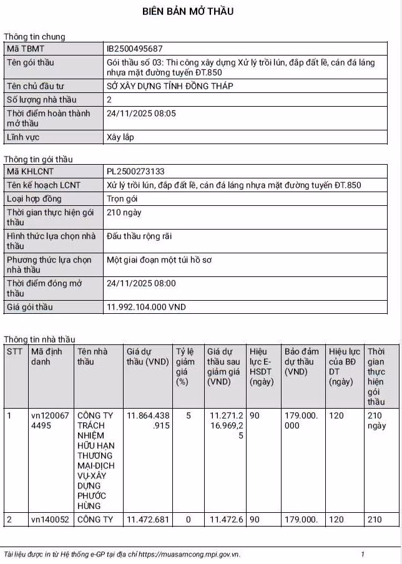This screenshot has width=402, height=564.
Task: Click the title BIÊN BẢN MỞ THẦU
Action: click(x=188, y=11)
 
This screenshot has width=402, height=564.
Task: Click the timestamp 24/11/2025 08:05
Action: click(x=141, y=114)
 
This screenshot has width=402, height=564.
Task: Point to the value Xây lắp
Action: click(x=120, y=137)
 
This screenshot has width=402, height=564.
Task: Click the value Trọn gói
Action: click(x=122, y=199)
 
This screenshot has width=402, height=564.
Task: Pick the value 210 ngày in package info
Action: click(x=124, y=213)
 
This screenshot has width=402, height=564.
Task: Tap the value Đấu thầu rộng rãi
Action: click(x=139, y=236)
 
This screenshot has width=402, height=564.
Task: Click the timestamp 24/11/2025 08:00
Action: click(x=141, y=283)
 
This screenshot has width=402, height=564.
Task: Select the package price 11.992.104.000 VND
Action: click(x=146, y=308)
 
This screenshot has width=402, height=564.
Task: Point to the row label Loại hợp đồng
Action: click(x=35, y=199)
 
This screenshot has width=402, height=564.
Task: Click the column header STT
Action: click(x=14, y=352)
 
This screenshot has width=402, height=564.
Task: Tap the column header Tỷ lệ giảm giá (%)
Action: click(x=185, y=366)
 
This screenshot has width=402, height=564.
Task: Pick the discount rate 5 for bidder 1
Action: click(x=188, y=416)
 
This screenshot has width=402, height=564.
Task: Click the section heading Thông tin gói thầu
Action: click(x=38, y=159)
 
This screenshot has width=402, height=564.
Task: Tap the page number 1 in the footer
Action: click(x=363, y=554)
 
